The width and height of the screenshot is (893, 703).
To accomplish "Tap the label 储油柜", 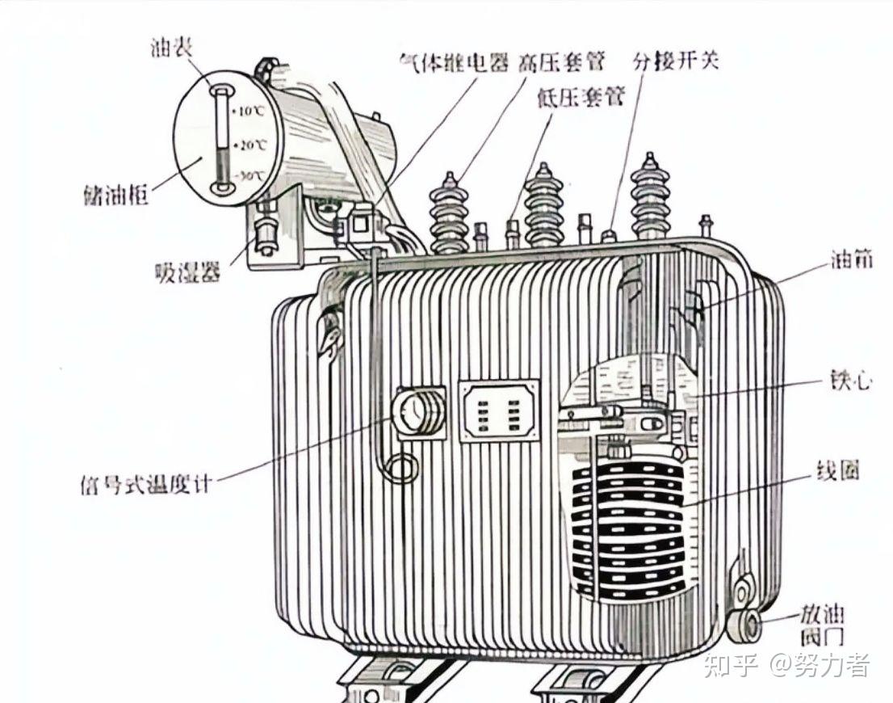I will coord(115,194).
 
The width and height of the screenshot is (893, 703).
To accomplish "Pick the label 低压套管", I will coord(581,98).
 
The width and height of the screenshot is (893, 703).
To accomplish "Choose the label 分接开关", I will coord(676,61).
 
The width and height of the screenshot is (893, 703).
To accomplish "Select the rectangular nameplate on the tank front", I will coord(499,411).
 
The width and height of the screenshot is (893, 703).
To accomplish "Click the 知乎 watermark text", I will coord(731,666).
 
